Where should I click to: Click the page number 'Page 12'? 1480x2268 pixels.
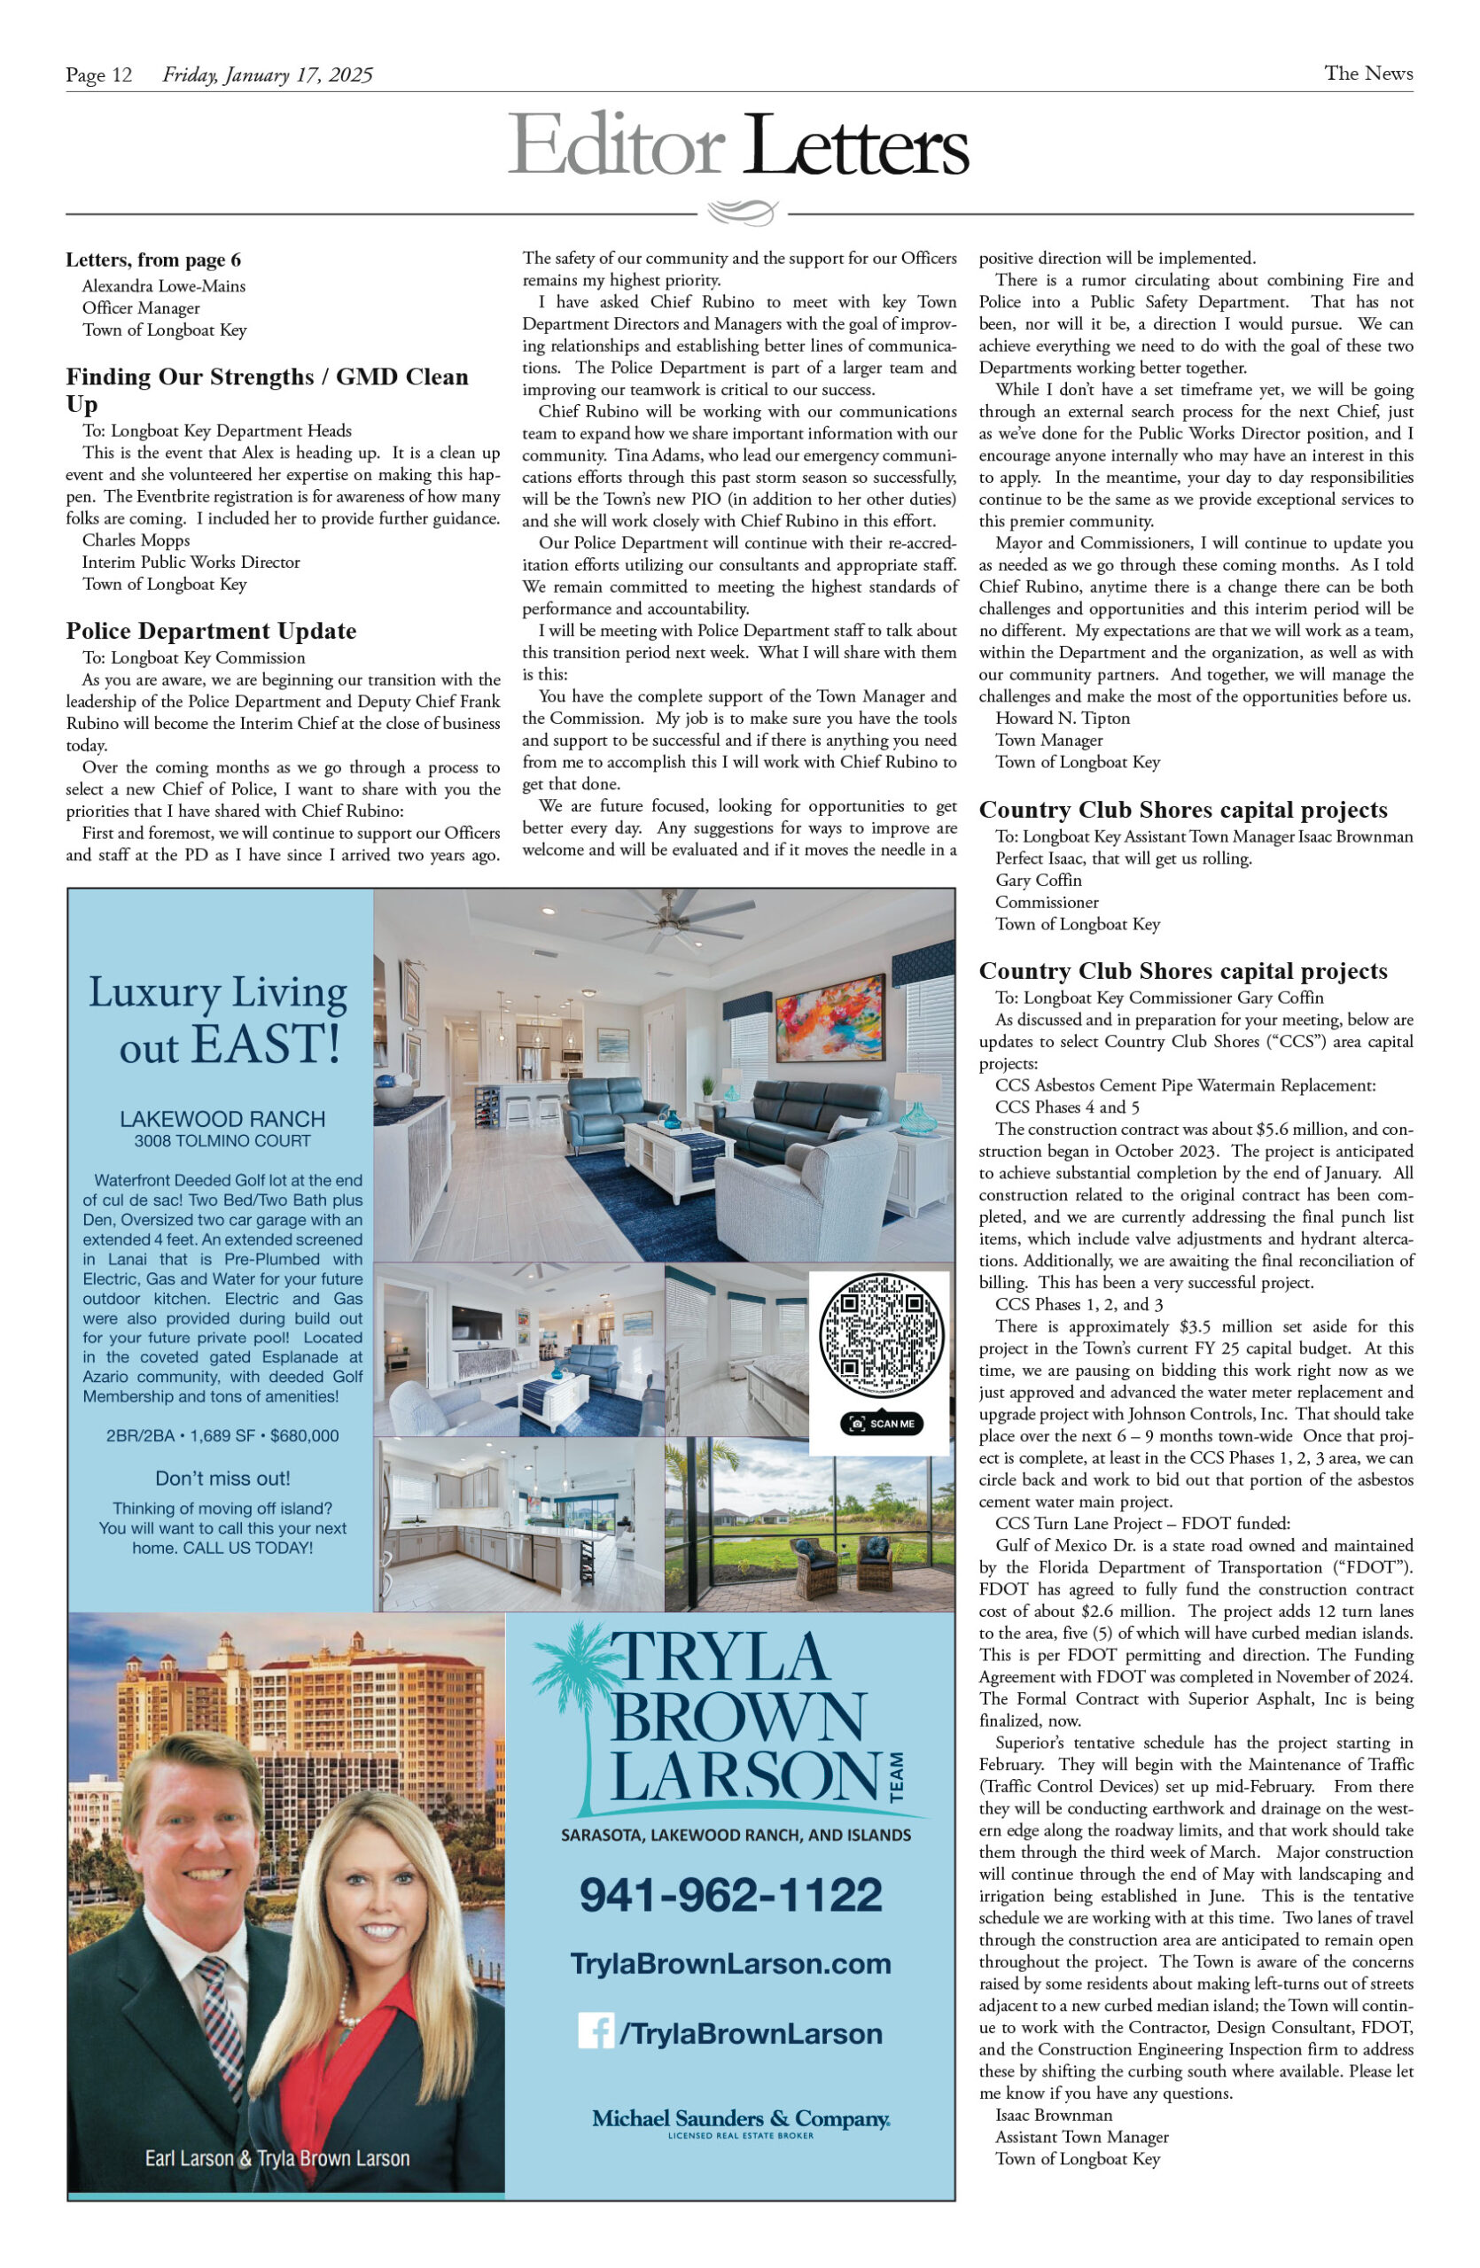tap(98, 74)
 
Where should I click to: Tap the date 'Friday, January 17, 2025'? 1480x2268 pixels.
tap(268, 74)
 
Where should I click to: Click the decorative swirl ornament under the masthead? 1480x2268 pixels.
tap(743, 212)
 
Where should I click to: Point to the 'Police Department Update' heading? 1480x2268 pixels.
tap(211, 631)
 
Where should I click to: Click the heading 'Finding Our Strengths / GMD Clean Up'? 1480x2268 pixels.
tap(267, 389)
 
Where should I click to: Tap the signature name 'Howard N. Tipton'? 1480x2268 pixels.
tap(1063, 718)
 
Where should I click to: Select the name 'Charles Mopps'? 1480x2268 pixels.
tap(136, 540)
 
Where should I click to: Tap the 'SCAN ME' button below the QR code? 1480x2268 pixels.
tap(882, 1424)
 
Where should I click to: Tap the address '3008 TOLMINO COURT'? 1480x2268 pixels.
tap(222, 1141)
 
